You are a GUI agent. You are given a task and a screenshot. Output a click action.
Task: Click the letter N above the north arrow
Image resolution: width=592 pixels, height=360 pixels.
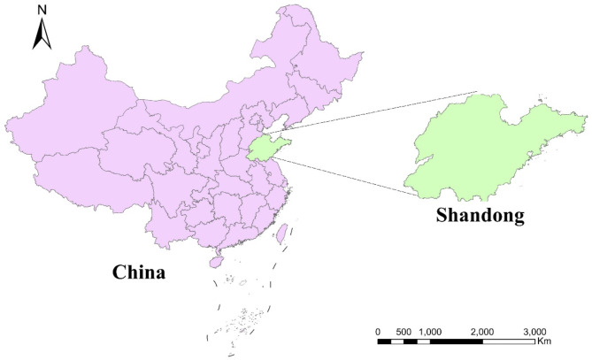click(41, 11)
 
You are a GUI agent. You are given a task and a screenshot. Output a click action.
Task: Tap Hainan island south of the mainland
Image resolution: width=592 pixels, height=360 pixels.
click(214, 262)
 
